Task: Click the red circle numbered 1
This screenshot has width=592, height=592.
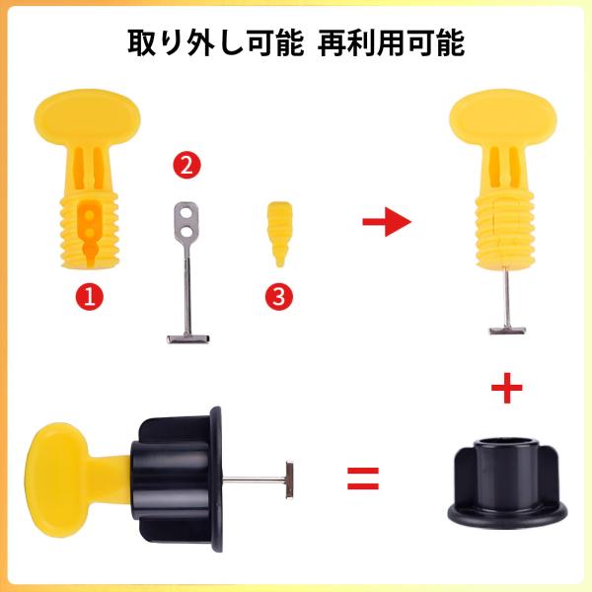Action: click(x=90, y=296)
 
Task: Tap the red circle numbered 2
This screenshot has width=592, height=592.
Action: click(x=186, y=165)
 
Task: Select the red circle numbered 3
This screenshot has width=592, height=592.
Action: click(x=278, y=296)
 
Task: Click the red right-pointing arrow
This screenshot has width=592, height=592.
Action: click(x=387, y=222)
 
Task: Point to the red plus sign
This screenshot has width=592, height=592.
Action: click(x=507, y=388)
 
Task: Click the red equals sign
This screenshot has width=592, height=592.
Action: click(x=363, y=479)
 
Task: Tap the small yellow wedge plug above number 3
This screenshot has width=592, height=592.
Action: click(x=279, y=234)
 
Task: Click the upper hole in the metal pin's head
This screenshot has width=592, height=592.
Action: click(x=185, y=213)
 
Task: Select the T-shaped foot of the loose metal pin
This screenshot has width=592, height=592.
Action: click(x=188, y=338)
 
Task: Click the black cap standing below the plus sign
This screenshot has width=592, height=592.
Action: click(x=507, y=483)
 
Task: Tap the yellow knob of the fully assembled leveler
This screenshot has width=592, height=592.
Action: click(x=56, y=480)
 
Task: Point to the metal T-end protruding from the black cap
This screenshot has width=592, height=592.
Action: click(x=289, y=480)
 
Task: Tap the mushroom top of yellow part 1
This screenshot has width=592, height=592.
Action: click(x=87, y=116)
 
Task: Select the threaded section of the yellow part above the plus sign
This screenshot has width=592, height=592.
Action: click(x=505, y=230)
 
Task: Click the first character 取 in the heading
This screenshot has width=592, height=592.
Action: click(x=141, y=42)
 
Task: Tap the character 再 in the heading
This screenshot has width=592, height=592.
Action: click(x=333, y=42)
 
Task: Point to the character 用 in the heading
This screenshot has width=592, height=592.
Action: click(x=391, y=42)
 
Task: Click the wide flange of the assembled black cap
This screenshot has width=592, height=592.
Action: click(x=216, y=480)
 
